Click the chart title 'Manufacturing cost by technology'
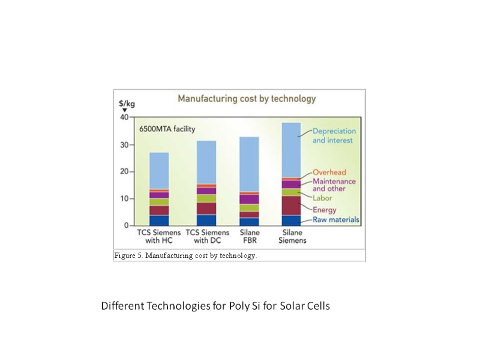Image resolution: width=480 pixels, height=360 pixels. click(246, 98)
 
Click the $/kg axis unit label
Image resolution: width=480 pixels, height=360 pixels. click(127, 104)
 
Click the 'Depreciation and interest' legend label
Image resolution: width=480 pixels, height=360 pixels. click(334, 136)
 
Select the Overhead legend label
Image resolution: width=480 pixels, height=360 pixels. click(329, 173)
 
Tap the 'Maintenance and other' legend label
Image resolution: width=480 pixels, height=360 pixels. click(334, 185)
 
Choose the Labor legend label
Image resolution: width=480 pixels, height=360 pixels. click(322, 198)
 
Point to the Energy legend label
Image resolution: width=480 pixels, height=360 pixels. click(324, 210)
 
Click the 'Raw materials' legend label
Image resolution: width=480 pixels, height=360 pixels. click(335, 220)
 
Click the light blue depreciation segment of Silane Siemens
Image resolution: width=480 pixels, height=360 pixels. click(291, 150)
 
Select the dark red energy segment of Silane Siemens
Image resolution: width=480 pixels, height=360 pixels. click(291, 205)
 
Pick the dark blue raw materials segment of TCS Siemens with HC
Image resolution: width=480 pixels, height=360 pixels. click(159, 220)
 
